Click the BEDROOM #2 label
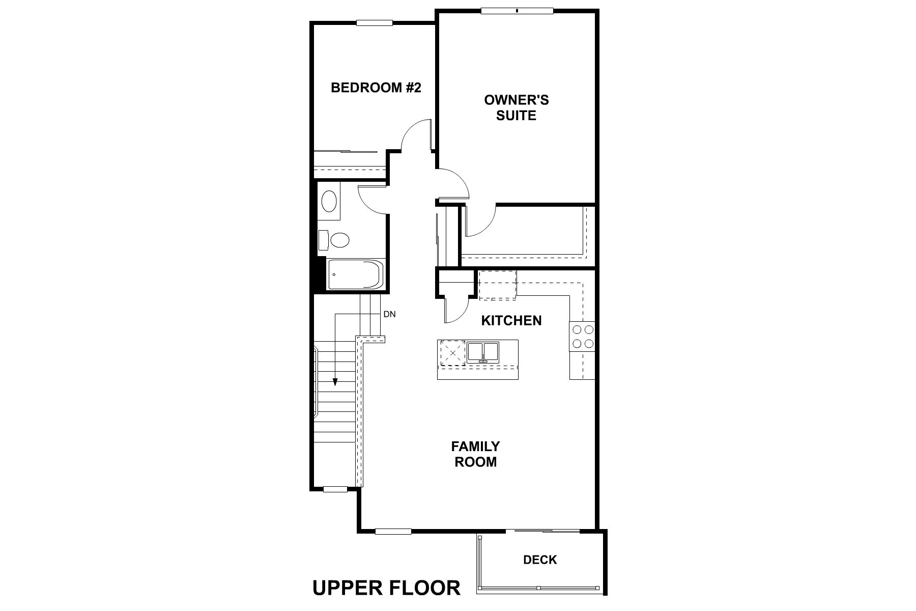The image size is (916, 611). click(376, 88)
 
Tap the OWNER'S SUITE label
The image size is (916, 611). click(516, 107)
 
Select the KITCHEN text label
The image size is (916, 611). click(511, 321)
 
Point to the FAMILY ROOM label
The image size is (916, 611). click(475, 454)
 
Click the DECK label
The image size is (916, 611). click(540, 560)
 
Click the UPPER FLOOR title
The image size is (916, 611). click(386, 588)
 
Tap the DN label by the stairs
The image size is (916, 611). click(389, 315)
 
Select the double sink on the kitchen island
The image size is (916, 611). click(483, 352)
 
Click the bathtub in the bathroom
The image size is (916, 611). click(355, 274)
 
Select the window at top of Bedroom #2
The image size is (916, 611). click(375, 22)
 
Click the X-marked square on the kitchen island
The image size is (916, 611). click(452, 352)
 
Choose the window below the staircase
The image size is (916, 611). click(335, 489)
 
